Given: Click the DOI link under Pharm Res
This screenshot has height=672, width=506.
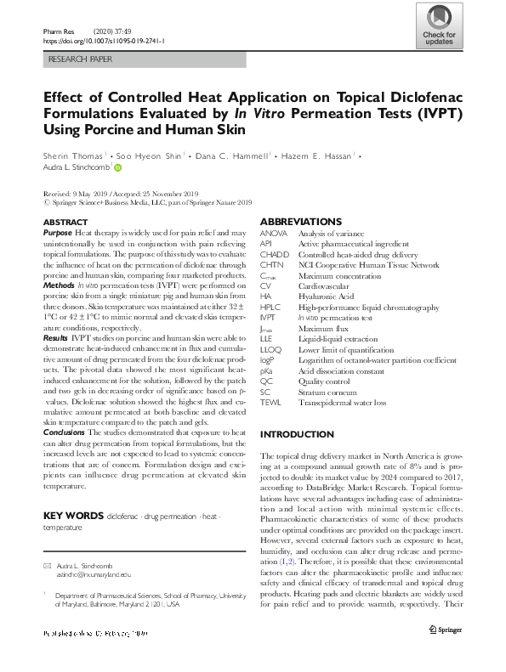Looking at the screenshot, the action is coord(103,39).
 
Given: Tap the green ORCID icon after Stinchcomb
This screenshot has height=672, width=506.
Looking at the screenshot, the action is coord(117,168).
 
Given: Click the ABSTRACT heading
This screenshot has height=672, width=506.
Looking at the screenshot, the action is coord(65,222).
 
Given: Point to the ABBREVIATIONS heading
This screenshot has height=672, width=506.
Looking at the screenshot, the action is coord(301,222).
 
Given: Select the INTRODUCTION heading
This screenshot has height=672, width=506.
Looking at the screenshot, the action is coord(297,434).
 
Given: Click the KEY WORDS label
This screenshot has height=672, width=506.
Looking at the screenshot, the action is coord(72,516).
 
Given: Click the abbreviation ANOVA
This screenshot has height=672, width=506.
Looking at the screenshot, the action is coord(274,233).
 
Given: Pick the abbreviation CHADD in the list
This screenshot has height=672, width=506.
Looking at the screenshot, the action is coord(275,253).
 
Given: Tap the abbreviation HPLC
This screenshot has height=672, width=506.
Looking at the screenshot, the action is coord(270,307).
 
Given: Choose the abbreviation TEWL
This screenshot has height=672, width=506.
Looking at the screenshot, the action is coord(271,402).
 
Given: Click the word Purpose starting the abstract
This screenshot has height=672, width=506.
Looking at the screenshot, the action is coord(57,233).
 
